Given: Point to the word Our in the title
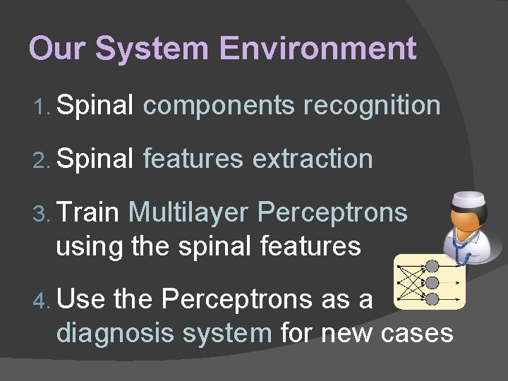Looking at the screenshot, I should pyautogui.click(x=58, y=49).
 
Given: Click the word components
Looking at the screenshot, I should pyautogui.click(x=218, y=106).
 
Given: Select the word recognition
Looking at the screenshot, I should pyautogui.click(x=372, y=106).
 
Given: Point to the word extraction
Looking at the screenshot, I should pyautogui.click(x=313, y=159).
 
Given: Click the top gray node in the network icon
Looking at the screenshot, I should pyautogui.click(x=432, y=267).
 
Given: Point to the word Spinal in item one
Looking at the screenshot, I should pyautogui.click(x=95, y=106).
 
